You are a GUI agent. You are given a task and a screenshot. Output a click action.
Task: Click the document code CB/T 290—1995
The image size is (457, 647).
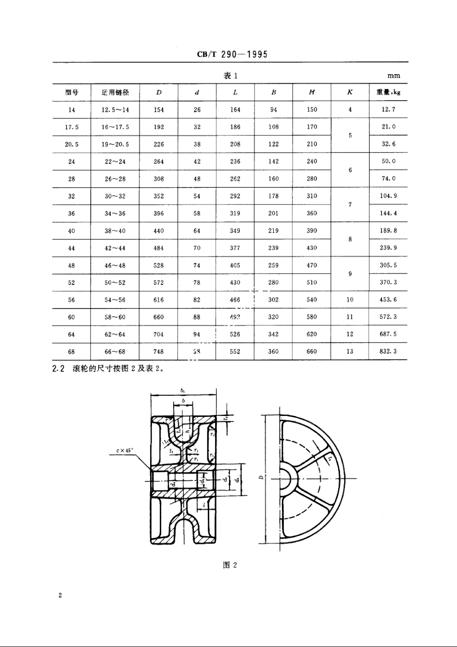[x=232, y=54]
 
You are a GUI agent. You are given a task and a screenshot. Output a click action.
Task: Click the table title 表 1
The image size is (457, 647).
[x=230, y=76]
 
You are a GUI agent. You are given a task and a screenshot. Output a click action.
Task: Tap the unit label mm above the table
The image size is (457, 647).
[x=393, y=76]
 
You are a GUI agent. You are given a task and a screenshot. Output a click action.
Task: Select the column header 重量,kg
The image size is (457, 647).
[x=388, y=92]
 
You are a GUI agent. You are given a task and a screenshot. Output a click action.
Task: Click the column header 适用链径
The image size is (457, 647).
[x=115, y=92]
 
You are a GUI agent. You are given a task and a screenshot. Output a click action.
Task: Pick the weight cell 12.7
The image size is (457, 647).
[x=388, y=110]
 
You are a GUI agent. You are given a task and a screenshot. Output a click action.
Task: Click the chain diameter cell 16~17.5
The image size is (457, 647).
[x=115, y=127]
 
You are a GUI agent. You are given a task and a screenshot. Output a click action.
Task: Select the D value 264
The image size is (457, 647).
[x=159, y=162]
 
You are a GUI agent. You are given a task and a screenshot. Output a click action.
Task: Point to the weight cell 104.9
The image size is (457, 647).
[x=388, y=196]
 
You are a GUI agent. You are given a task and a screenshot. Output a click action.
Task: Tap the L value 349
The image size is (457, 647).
[x=235, y=231]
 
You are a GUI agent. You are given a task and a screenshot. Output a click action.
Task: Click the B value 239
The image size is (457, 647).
[x=273, y=248]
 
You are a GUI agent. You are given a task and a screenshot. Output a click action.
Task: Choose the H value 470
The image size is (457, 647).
[x=312, y=266]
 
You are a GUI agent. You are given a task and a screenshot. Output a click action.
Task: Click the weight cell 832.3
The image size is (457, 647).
[x=388, y=351]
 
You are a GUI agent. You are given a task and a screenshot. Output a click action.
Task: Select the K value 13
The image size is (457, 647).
[x=350, y=351]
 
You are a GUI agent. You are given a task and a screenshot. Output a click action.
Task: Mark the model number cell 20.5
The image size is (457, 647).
[x=72, y=144]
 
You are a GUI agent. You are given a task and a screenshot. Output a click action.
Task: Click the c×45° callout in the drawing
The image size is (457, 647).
[x=125, y=451]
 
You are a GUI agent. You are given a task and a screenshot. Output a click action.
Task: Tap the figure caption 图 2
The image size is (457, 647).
[x=230, y=565]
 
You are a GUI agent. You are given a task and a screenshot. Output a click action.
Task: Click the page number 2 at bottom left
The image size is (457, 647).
[x=60, y=596]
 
